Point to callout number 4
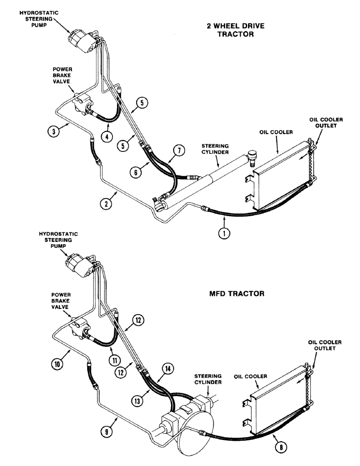pos(108,137)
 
